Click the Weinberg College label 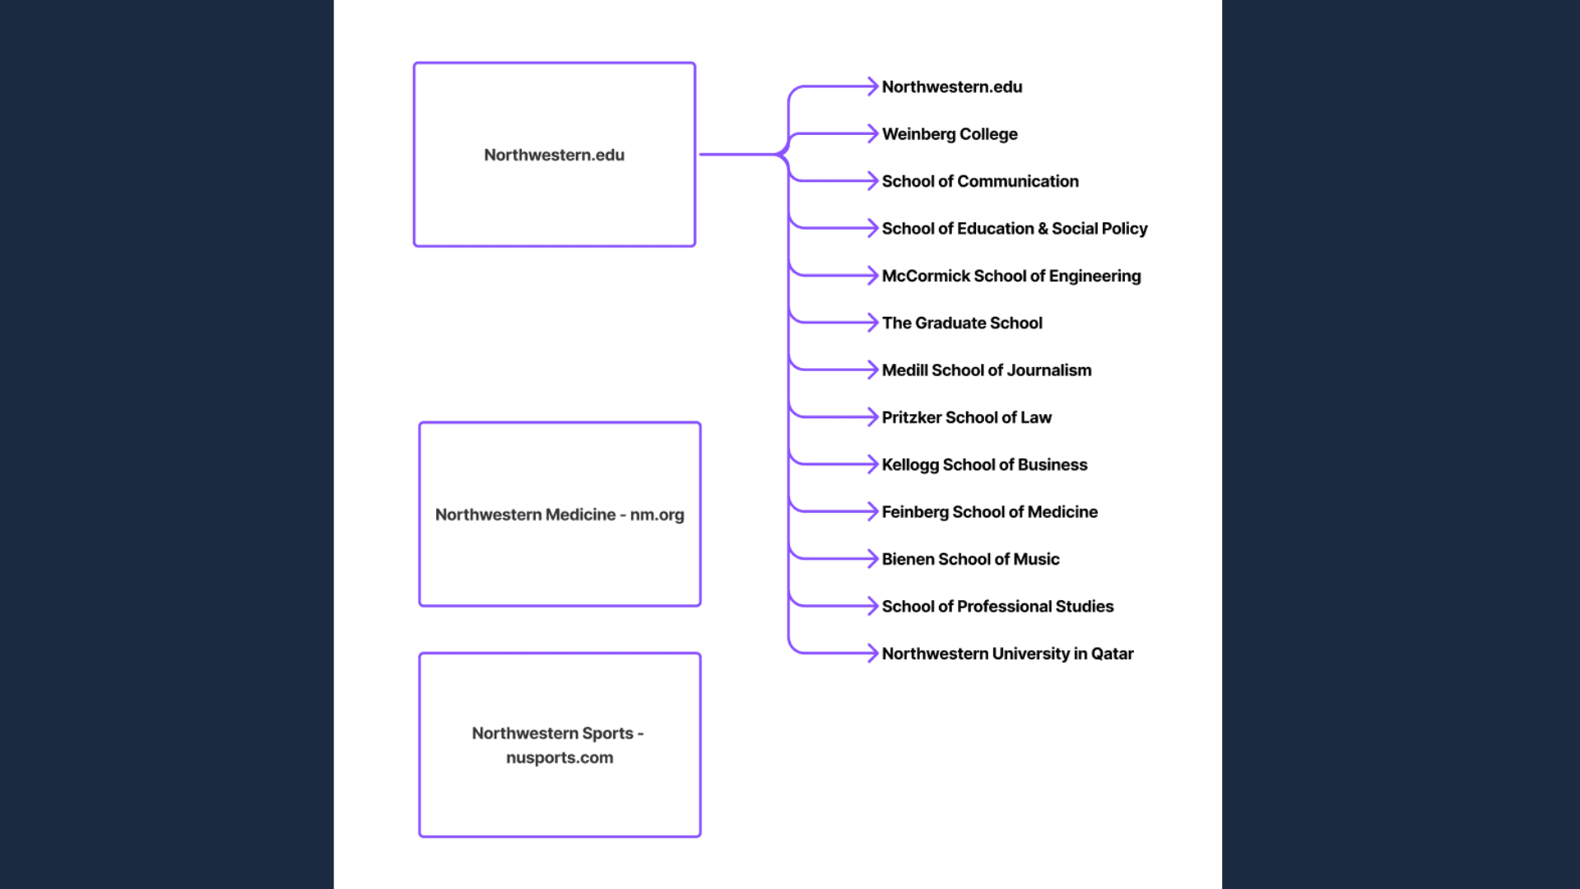coord(950,134)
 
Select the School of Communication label coord(980,181)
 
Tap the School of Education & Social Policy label coord(1015,229)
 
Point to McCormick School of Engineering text coord(1011,276)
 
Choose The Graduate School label coord(962,323)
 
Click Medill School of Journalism coord(987,370)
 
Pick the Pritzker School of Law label coord(967,417)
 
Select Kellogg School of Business coord(984,465)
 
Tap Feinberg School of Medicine coord(990,512)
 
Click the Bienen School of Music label coord(971,560)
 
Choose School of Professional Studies coord(997,607)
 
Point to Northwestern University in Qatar coord(1007,654)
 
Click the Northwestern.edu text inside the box coord(554,155)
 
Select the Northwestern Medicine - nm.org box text coord(560,514)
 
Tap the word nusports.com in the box coord(560,757)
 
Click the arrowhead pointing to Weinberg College coord(873,133)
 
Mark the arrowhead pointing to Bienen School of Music coord(873,559)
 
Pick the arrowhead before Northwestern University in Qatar coord(873,654)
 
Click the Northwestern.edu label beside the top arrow coord(952,87)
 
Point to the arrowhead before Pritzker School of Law coord(873,417)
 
